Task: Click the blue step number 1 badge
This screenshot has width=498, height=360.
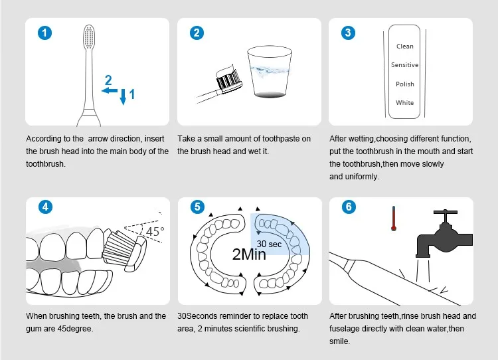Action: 44,33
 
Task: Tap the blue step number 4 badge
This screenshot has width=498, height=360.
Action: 45,207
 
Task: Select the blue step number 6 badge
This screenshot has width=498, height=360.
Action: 349,207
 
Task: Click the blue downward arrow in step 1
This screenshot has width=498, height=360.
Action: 123,96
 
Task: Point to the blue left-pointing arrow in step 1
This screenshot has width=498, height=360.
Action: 110,91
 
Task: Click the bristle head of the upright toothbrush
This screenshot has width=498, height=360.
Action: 89,37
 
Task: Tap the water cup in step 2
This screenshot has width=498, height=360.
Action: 270,71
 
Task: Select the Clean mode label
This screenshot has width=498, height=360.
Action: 404,46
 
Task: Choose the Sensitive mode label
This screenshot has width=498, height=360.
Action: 404,65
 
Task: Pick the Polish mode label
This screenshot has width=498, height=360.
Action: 404,84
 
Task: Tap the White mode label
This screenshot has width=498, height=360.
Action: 404,103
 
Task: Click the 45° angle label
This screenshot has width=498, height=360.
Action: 155,231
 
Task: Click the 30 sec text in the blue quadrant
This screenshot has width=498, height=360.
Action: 269,244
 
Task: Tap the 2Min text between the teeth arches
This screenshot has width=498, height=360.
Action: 249,254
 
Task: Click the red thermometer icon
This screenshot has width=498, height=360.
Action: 394,219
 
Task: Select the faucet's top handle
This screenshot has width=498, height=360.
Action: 446,212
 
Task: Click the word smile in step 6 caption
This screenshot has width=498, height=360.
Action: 339,341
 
